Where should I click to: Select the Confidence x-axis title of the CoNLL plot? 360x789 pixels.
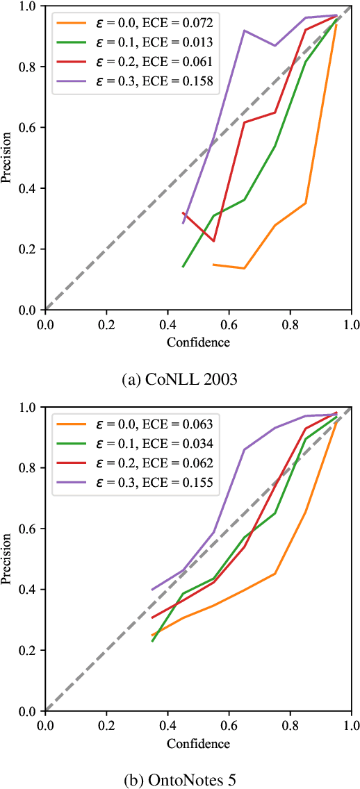tap(198, 342)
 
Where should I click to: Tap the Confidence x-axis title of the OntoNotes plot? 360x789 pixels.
tap(198, 743)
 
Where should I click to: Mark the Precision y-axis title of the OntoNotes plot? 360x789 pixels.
tap(6, 559)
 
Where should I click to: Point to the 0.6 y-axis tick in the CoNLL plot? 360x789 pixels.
tap(28, 128)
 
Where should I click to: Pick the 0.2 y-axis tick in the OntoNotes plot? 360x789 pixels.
tap(28, 650)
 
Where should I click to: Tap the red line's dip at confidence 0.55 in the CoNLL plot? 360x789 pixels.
tap(213, 241)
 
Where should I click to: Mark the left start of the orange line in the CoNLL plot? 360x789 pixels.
tap(213, 265)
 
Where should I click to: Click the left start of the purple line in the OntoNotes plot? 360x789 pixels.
tap(152, 590)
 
